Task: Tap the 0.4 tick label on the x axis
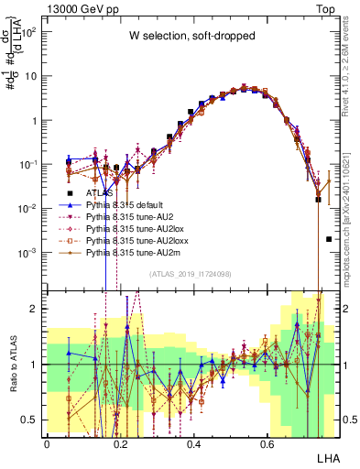pyautogui.click(x=193, y=442)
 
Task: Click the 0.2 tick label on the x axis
pyautogui.click(x=120, y=442)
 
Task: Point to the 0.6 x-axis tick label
pyautogui.click(x=267, y=442)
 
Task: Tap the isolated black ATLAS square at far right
pyautogui.click(x=329, y=239)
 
